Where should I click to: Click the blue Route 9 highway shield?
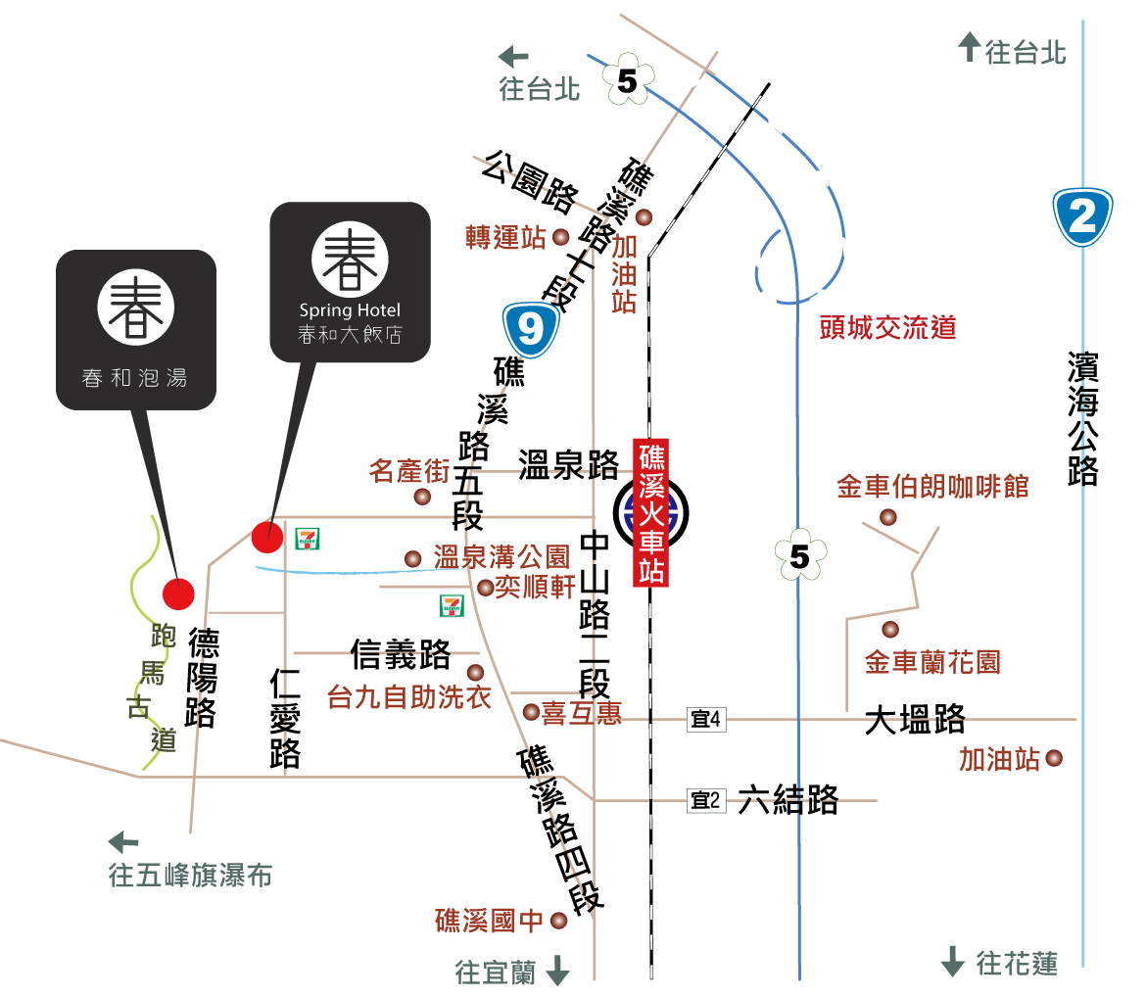click(x=531, y=330)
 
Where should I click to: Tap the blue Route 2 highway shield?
click(x=1082, y=216)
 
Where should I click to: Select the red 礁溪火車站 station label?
click(x=651, y=512)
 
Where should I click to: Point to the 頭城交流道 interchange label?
click(x=887, y=328)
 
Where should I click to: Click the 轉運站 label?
click(x=505, y=237)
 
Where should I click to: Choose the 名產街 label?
click(x=409, y=471)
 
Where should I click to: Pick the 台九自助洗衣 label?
click(x=409, y=697)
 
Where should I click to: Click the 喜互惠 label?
click(x=582, y=712)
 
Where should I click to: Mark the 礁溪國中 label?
click(x=489, y=921)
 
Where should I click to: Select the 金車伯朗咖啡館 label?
click(x=932, y=486)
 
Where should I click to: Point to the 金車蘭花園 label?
click(x=932, y=663)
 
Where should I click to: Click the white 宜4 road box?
click(x=705, y=720)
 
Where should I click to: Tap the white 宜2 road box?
click(x=705, y=800)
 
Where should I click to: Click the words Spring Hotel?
click(x=350, y=310)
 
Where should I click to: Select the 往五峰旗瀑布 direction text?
click(x=190, y=875)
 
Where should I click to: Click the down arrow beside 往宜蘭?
click(x=557, y=971)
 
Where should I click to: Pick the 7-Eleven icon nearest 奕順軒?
click(x=452, y=605)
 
